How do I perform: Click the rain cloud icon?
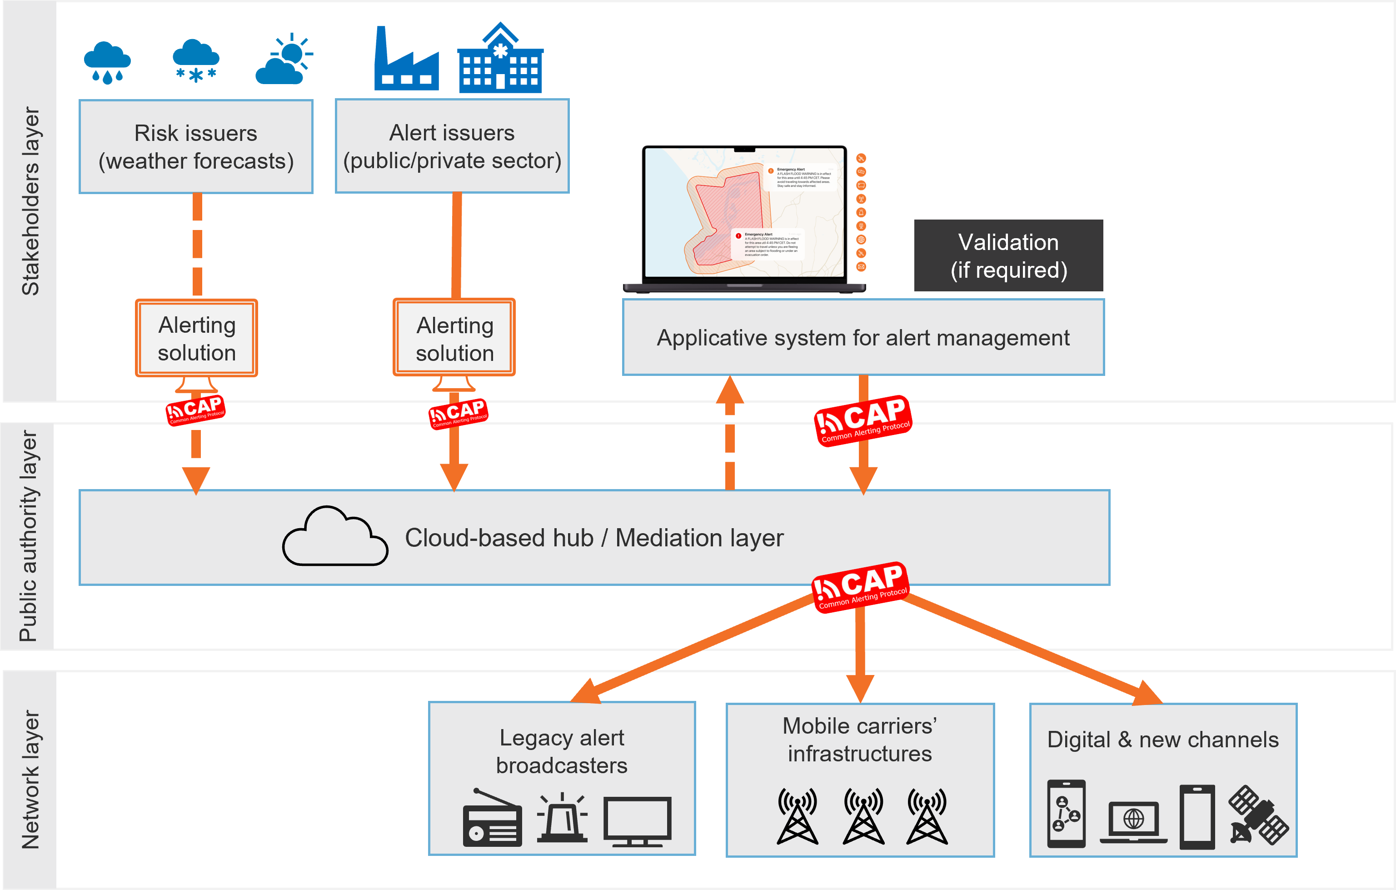coord(107,62)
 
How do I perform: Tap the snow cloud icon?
coord(196,60)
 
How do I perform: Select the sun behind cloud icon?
coord(284,59)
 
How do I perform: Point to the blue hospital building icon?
coord(500,59)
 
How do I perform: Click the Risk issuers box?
coord(196,147)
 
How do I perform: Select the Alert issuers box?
coord(452,146)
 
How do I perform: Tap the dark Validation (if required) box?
coord(1008,256)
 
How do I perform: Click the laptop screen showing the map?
coord(744,213)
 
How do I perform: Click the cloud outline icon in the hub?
coord(334,536)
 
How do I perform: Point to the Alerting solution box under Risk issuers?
coord(196,339)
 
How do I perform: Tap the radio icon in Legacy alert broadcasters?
coord(492,819)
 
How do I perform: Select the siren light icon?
coord(562,818)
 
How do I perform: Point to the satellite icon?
coord(1257,815)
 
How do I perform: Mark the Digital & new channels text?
coord(1162,740)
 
